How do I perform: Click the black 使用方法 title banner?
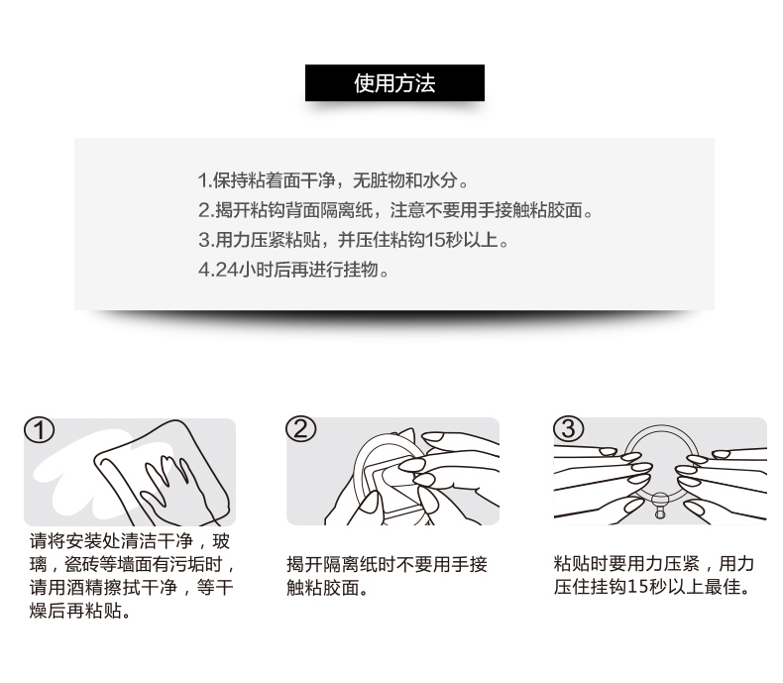(394, 83)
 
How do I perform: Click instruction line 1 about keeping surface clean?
(333, 180)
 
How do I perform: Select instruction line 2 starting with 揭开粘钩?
(395, 210)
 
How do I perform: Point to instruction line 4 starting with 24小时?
(293, 270)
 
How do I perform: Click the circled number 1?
(39, 430)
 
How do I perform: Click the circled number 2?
(300, 429)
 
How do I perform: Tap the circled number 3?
(568, 428)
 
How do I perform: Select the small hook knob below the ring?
(660, 506)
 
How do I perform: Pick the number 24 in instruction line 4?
(226, 270)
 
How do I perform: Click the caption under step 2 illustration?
(387, 576)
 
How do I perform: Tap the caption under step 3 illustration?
(654, 575)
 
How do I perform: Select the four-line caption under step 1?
(133, 576)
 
